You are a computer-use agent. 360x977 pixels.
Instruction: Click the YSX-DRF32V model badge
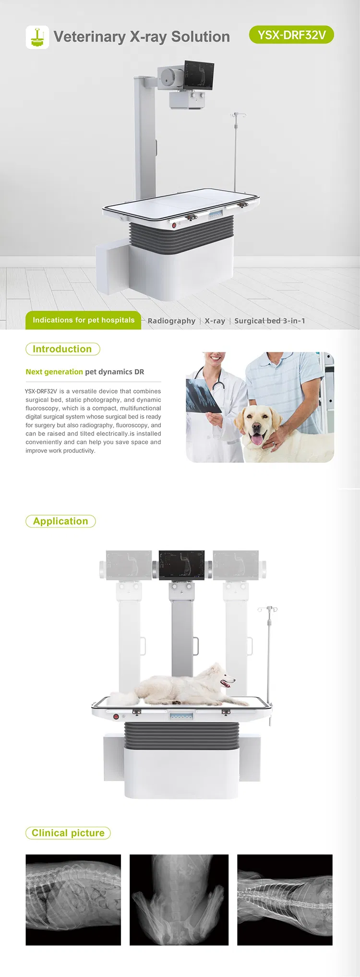(x=291, y=35)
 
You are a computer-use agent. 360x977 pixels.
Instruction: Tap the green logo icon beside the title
(x=37, y=37)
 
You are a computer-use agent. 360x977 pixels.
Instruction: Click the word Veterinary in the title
(x=89, y=37)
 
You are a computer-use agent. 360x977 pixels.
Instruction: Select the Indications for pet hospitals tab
(x=84, y=320)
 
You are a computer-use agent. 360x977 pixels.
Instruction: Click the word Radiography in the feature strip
(x=171, y=321)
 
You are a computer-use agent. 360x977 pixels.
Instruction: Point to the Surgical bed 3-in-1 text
(x=269, y=321)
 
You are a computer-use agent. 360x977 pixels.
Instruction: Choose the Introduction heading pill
(x=62, y=349)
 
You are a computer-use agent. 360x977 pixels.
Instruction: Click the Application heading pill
(x=60, y=521)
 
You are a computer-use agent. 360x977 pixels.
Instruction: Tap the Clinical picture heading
(x=68, y=833)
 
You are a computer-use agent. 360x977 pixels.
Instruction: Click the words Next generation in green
(x=54, y=372)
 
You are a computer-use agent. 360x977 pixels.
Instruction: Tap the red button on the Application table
(x=116, y=717)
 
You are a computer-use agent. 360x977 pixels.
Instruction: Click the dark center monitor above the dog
(x=181, y=565)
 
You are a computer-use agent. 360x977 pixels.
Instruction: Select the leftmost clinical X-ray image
(x=73, y=900)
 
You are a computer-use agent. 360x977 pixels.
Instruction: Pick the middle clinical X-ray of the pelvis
(x=179, y=900)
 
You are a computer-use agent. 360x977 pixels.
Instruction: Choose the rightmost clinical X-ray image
(x=285, y=900)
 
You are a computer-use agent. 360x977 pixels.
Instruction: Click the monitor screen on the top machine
(x=199, y=75)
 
